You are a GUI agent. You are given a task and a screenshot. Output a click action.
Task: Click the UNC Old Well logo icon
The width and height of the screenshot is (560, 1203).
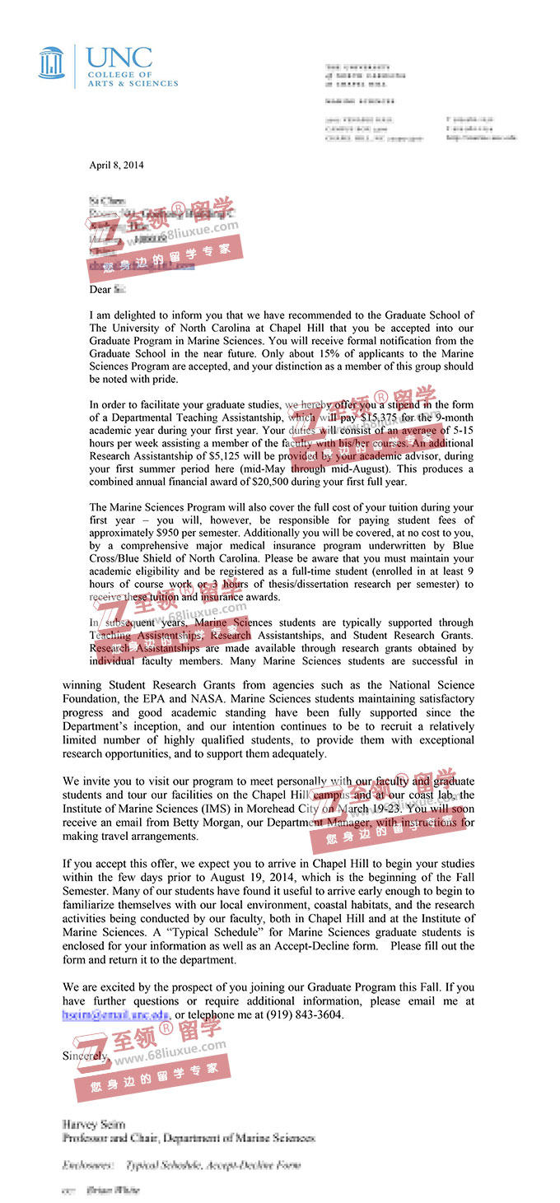[51, 63]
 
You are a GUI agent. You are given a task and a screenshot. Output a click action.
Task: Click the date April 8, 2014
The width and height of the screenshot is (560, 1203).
[116, 165]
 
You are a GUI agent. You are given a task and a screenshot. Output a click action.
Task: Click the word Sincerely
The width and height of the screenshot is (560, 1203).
[85, 1056]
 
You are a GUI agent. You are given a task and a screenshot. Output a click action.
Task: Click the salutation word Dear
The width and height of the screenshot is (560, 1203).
[100, 289]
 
